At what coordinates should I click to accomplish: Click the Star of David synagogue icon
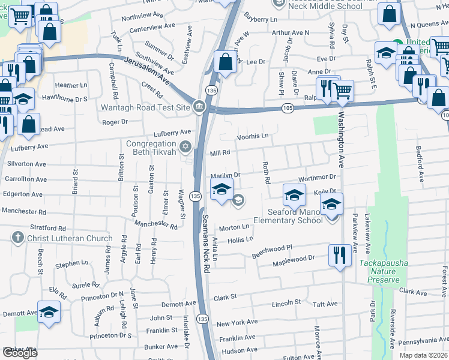tap(185, 146)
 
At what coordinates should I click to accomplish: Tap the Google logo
tap(20, 353)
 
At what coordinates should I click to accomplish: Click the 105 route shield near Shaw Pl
tap(287, 107)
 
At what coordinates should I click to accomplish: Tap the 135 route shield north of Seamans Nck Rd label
tap(195, 196)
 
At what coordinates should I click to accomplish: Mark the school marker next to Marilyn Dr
tap(221, 190)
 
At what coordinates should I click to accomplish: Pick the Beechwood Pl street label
tap(271, 251)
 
